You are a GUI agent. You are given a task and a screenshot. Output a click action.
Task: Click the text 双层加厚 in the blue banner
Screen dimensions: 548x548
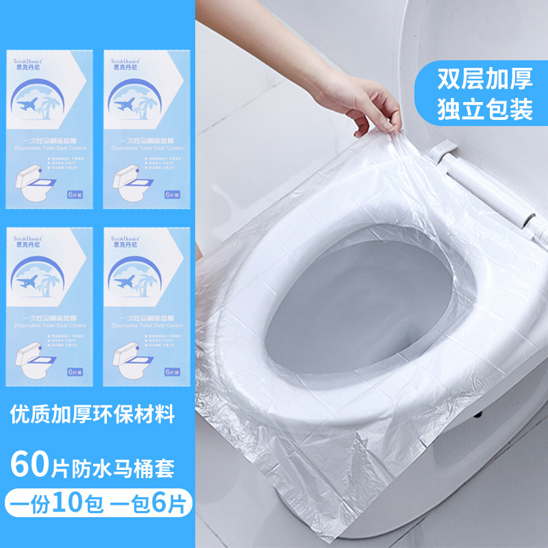pyautogui.click(x=485, y=79)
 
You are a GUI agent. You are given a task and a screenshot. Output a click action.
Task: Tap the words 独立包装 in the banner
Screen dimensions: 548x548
pyautogui.click(x=485, y=110)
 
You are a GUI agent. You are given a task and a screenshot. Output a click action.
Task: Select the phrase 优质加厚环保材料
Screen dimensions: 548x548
pyautogui.click(x=92, y=413)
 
